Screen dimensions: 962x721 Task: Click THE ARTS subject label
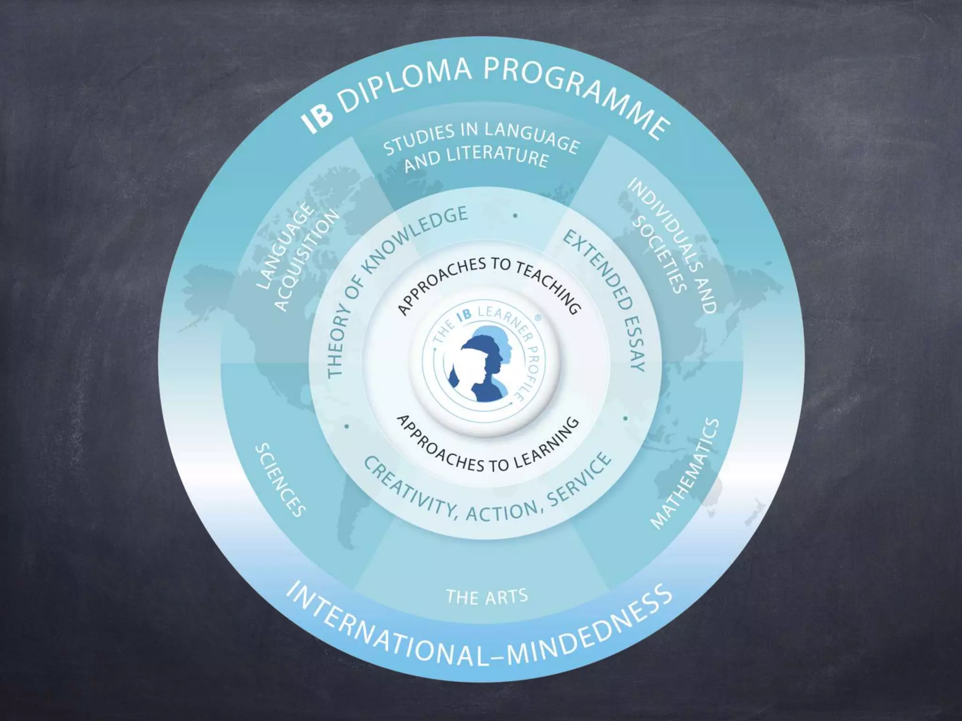click(x=487, y=597)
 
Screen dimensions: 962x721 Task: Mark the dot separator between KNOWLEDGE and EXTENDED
click(x=515, y=215)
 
